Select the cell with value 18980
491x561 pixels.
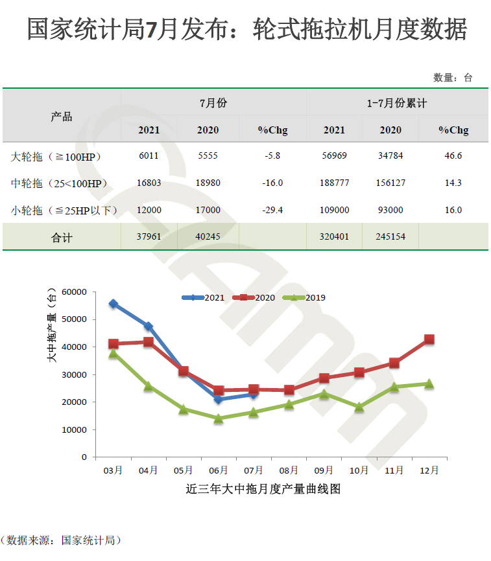click(x=208, y=183)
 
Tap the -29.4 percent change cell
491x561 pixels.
click(x=272, y=210)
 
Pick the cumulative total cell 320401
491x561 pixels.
click(x=334, y=236)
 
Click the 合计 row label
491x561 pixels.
click(x=62, y=237)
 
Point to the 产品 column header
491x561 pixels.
click(x=62, y=117)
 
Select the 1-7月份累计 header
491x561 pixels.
click(x=396, y=103)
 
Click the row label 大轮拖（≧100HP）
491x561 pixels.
click(x=56, y=157)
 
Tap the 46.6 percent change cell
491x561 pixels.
click(x=453, y=156)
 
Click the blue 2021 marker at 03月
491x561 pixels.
click(x=114, y=304)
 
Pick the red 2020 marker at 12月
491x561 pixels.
click(x=429, y=339)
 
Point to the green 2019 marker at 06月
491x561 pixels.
click(x=219, y=418)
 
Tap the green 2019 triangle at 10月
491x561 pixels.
click(x=359, y=407)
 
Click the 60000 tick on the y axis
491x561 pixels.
click(x=75, y=292)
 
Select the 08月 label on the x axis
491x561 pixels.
click(x=289, y=470)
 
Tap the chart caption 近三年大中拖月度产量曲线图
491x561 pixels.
click(x=263, y=489)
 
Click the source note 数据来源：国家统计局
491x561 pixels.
click(x=62, y=540)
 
